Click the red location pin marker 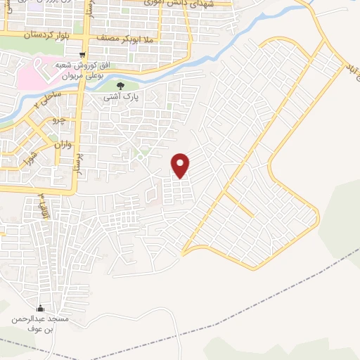click(x=181, y=166)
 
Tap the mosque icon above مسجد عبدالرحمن click(x=39, y=309)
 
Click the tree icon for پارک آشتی click(x=120, y=86)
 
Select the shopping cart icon click(x=83, y=56)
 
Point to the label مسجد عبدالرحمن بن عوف click(x=40, y=324)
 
